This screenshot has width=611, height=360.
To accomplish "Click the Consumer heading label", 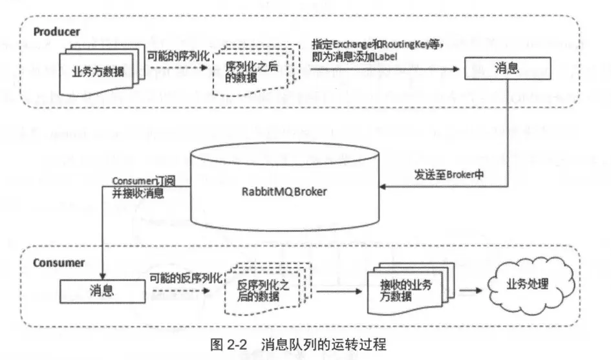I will tap(58, 262).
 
